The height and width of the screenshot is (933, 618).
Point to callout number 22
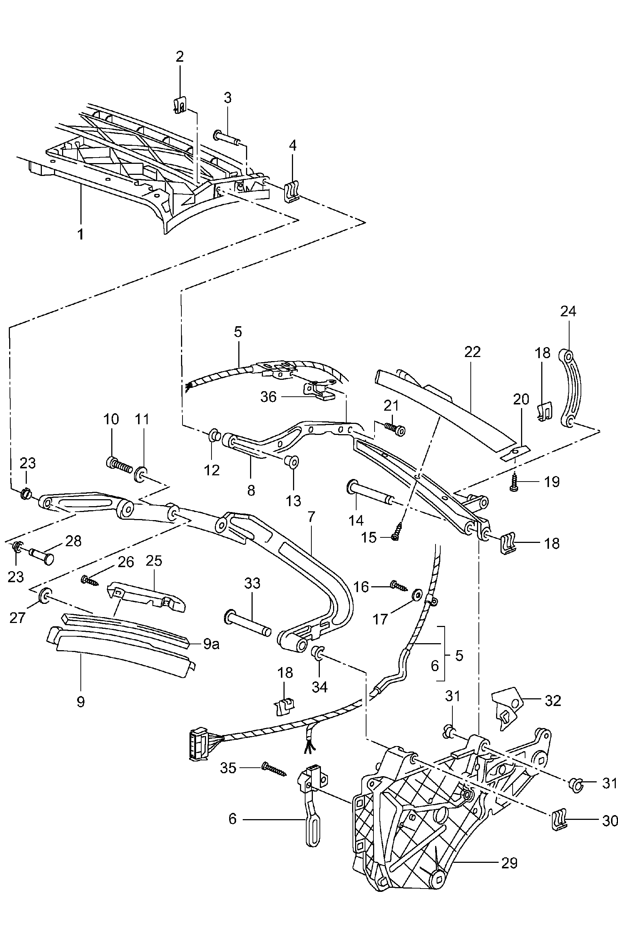click(x=472, y=352)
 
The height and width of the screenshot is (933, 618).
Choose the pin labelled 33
click(x=247, y=622)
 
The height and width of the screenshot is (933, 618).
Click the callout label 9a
click(x=211, y=644)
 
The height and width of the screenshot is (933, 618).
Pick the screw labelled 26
click(x=90, y=580)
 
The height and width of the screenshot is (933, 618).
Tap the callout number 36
click(x=268, y=397)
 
